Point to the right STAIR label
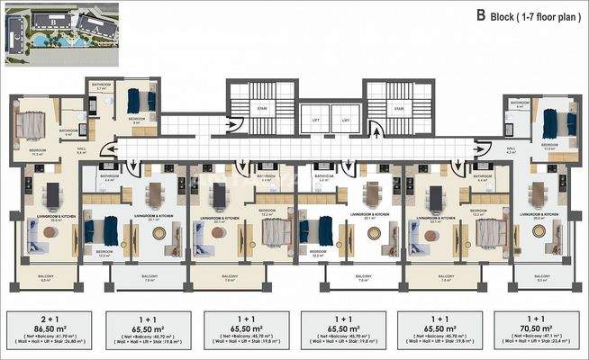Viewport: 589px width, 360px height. click(397, 110)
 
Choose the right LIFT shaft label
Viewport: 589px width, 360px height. click(344, 120)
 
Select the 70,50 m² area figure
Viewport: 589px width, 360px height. click(538, 328)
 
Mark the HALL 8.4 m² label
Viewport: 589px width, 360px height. click(80, 152)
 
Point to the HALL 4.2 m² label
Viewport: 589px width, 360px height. click(511, 152)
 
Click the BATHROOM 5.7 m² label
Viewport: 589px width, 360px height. click(102, 86)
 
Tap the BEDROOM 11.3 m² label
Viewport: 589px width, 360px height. click(37, 152)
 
